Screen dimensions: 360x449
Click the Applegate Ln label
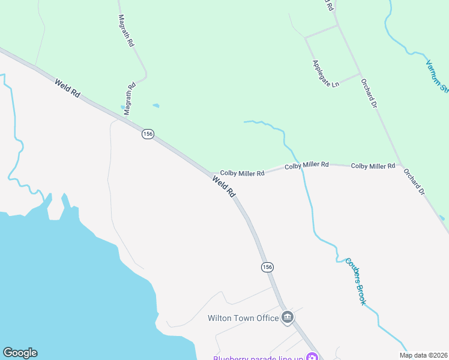click(x=325, y=73)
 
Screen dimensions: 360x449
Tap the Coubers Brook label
click(x=355, y=281)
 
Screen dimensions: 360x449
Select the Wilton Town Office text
click(x=243, y=318)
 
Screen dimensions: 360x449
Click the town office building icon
click(x=288, y=317)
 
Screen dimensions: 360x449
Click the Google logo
click(x=20, y=353)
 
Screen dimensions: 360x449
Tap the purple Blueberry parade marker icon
click(x=312, y=358)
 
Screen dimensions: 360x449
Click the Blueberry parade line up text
click(x=258, y=358)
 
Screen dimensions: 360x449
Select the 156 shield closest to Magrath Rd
click(x=148, y=134)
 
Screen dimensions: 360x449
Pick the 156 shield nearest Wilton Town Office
click(x=268, y=266)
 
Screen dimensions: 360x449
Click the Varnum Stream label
click(x=437, y=76)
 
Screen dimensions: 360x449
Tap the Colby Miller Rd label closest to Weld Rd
click(x=242, y=173)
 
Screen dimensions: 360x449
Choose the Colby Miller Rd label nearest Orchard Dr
click(x=373, y=166)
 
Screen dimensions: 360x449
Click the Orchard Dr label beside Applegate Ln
click(x=368, y=93)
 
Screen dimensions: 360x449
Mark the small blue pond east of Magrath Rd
click(x=156, y=106)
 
